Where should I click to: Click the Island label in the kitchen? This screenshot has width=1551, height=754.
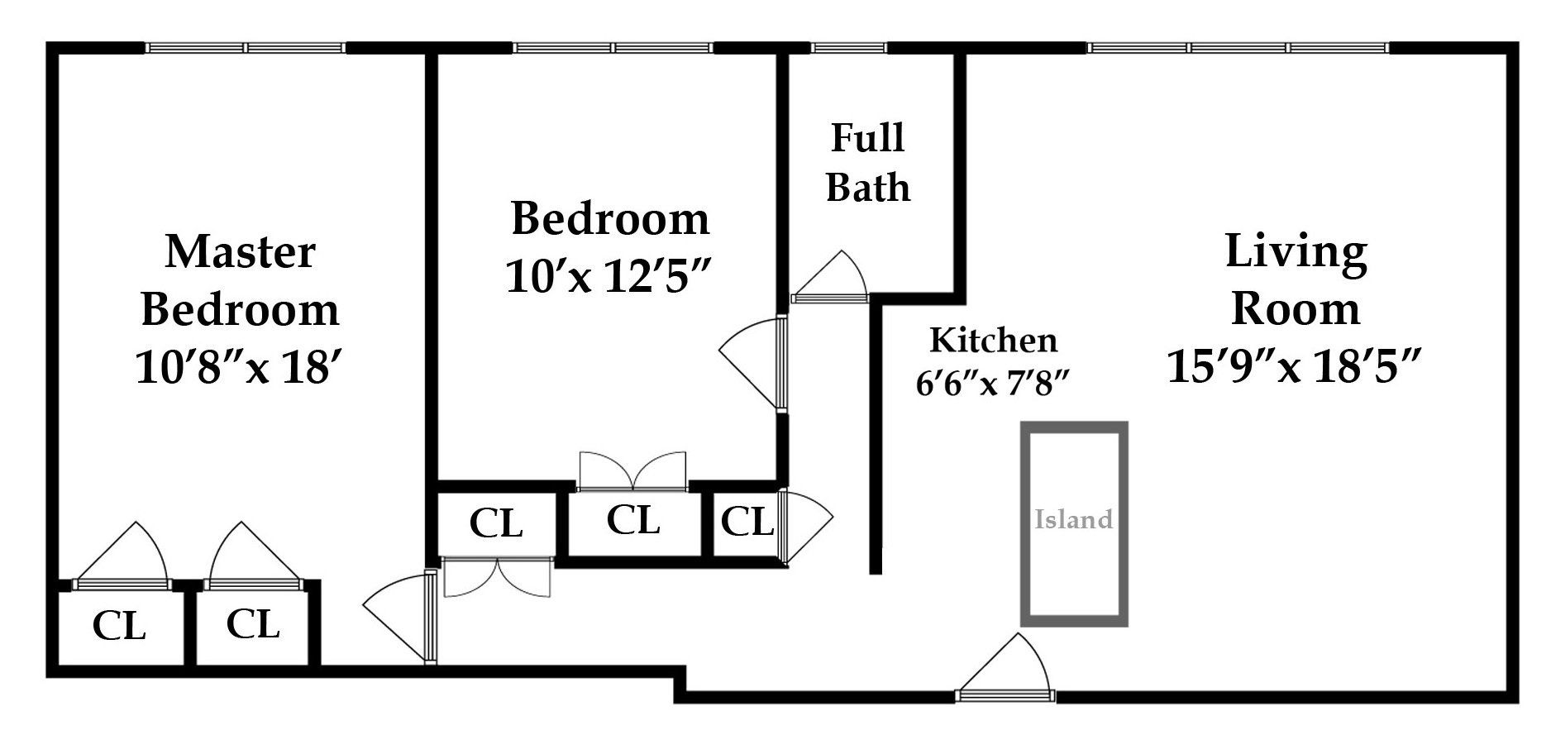coord(1073,519)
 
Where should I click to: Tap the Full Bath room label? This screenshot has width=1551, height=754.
coord(867,163)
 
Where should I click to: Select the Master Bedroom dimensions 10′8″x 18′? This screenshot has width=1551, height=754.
coord(239,366)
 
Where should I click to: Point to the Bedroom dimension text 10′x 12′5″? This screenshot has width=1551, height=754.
coord(609,276)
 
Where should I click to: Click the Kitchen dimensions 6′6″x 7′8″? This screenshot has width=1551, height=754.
coord(994,383)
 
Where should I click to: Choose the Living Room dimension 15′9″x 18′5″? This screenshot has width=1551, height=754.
coord(1294,365)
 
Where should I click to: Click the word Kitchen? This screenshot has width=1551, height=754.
coord(994,341)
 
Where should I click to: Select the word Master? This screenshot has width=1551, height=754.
coord(240,251)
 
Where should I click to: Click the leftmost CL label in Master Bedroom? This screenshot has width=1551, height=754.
coord(119,626)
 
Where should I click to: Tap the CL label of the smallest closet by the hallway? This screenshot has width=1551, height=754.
coord(747,521)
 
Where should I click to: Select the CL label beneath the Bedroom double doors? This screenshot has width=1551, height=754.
coord(632,520)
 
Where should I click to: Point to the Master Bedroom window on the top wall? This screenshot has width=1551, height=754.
coord(246,47)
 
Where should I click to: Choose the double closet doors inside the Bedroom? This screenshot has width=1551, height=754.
coord(632,472)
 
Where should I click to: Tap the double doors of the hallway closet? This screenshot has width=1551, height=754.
coord(497,577)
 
